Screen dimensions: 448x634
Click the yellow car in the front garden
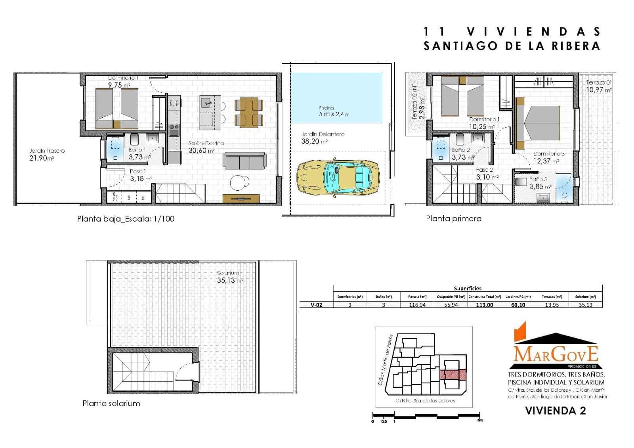click(338, 177)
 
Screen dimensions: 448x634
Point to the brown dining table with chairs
click(248, 113)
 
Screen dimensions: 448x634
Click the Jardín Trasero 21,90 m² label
click(47, 154)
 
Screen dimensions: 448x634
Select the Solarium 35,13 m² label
click(230, 277)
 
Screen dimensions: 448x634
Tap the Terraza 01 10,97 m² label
click(599, 86)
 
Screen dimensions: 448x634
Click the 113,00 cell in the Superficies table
click(484, 305)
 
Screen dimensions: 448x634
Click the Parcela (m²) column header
click(417, 297)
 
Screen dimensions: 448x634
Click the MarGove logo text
click(556, 354)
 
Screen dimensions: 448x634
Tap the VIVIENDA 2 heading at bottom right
click(555, 411)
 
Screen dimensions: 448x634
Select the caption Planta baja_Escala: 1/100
click(126, 218)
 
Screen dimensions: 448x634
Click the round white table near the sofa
click(240, 182)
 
